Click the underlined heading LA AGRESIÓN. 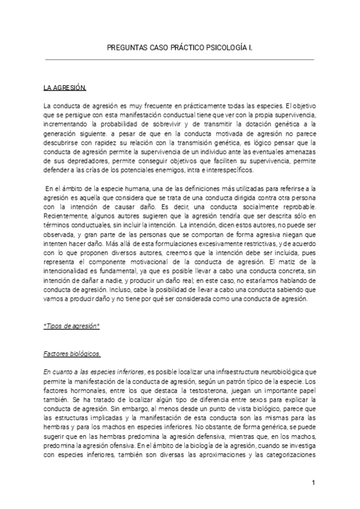(x=65, y=88)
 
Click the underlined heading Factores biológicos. (x=72, y=353)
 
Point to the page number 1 (x=313, y=483)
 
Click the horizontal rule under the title (x=180, y=59)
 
